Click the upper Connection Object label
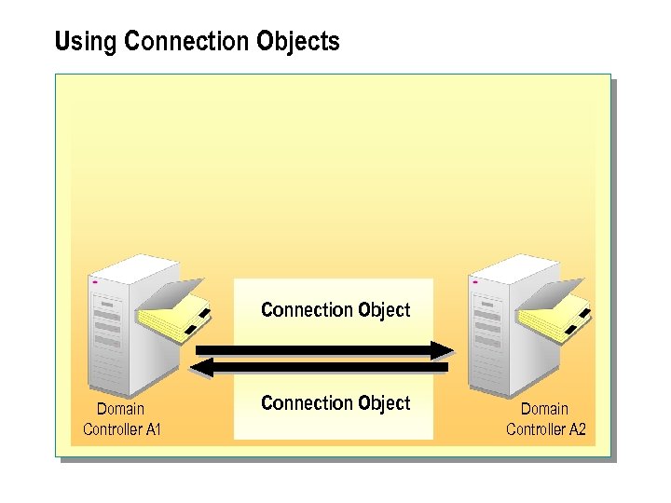[335, 309]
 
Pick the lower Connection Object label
[335, 403]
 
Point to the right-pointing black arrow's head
[444, 350]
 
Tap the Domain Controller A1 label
[122, 419]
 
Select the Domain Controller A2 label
[545, 419]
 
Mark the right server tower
[499, 326]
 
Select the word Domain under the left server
[121, 409]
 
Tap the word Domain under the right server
[544, 409]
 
